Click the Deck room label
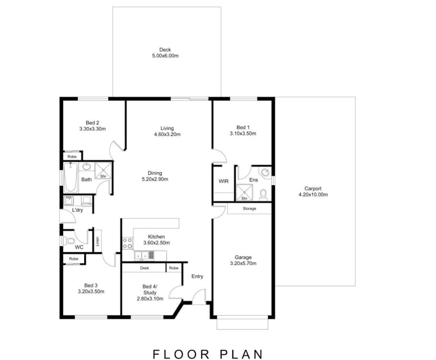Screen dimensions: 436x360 pos(165,50)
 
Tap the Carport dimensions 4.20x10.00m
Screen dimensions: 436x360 pos(313,195)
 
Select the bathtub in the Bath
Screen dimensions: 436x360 pos(71,178)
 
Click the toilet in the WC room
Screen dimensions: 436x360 pos(69,241)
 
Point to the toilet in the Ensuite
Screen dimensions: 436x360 pos(263,194)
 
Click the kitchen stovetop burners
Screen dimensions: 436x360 pos(127,243)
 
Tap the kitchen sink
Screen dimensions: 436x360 pos(142,255)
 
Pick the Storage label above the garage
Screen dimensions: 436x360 pos(250,208)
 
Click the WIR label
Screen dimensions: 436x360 pos(224,181)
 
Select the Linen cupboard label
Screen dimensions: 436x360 pos(97,241)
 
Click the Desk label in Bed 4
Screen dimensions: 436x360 pos(145,268)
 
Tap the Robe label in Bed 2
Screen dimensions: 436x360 pos(72,156)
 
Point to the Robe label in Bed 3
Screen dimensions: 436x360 pos(74,258)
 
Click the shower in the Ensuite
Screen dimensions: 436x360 pos(244,192)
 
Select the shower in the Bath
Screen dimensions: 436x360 pos(103,171)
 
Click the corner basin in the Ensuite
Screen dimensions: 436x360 pos(265,172)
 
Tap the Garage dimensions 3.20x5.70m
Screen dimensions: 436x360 pos(243,263)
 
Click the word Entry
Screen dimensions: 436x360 pos(197,276)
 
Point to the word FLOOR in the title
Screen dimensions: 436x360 pos(181,354)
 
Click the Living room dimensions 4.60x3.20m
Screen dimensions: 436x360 pos(167,134)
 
